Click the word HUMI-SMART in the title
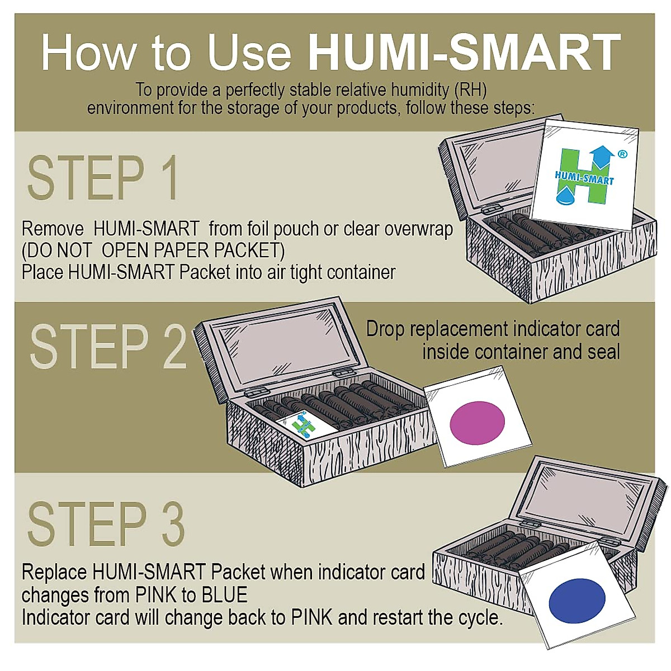pyautogui.click(x=464, y=52)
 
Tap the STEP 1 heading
pyautogui.click(x=103, y=178)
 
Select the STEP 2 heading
pyautogui.click(x=107, y=347)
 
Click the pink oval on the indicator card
pyautogui.click(x=477, y=423)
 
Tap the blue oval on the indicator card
pyautogui.click(x=577, y=601)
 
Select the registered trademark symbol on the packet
pyautogui.click(x=622, y=154)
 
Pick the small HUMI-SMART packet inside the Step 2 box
pyautogui.click(x=305, y=426)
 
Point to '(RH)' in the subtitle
pyautogui.click(x=470, y=89)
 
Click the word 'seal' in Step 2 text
pyautogui.click(x=603, y=352)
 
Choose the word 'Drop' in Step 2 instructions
pyautogui.click(x=385, y=329)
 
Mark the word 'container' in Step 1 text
pyautogui.click(x=361, y=272)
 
